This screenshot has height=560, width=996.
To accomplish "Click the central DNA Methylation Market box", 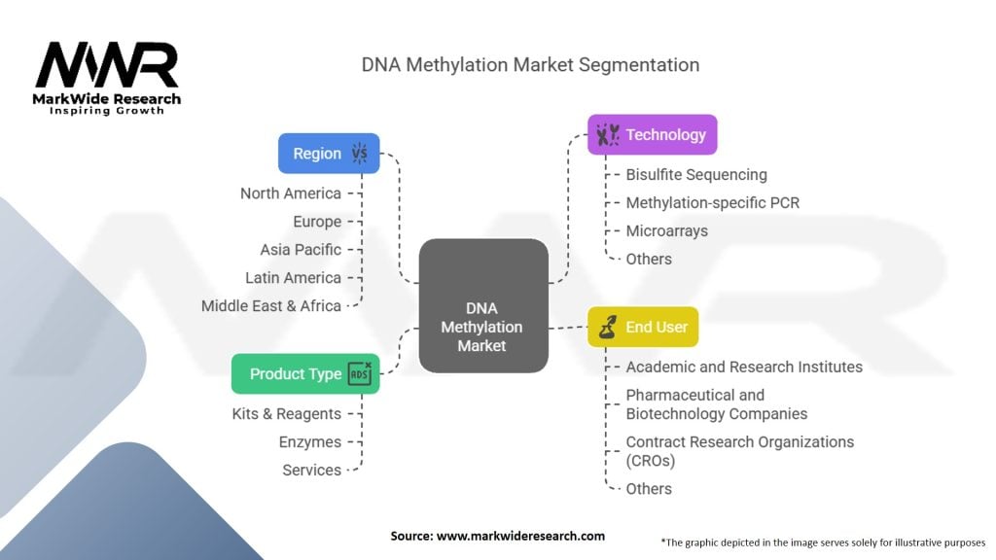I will click(x=482, y=305).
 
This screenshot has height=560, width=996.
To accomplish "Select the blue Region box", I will click(x=329, y=154).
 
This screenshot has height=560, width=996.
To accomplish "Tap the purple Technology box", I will click(x=652, y=134).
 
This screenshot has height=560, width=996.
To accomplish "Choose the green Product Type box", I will click(x=305, y=373).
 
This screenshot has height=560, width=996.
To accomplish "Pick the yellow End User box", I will click(x=643, y=327).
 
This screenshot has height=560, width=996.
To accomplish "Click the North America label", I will click(x=291, y=193).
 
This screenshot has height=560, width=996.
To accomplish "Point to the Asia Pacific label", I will click(x=301, y=250).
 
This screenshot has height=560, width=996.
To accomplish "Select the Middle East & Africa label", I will click(x=271, y=306).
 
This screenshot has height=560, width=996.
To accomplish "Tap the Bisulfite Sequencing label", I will click(x=695, y=175).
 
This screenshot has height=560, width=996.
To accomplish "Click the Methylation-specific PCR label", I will click(x=712, y=203).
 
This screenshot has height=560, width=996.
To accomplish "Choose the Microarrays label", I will click(x=666, y=231).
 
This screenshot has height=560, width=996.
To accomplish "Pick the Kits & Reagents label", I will click(x=287, y=414).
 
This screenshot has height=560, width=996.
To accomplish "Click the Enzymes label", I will click(x=310, y=442).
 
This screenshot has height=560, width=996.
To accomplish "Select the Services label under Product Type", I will click(x=311, y=471).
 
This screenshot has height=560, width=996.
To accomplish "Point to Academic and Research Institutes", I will click(x=743, y=367).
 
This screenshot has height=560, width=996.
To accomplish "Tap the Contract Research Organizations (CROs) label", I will click(x=739, y=451).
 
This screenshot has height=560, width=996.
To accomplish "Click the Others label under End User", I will click(x=649, y=489).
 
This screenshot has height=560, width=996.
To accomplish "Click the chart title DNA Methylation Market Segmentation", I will click(x=530, y=65).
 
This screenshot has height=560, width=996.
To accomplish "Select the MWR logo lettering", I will click(x=107, y=66).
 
